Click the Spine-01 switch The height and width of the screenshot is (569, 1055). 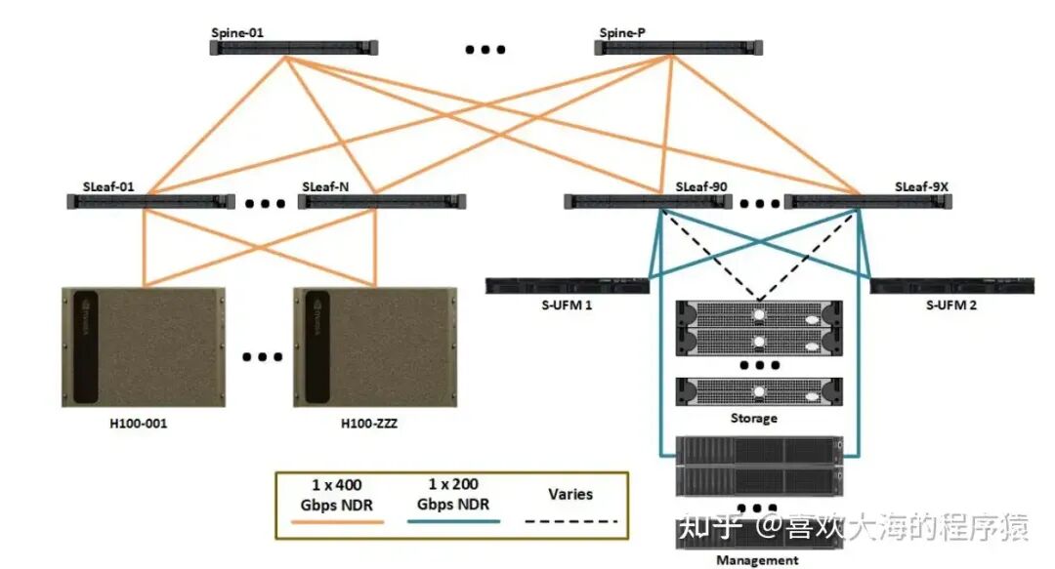pos(294,47)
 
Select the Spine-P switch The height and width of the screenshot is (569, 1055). pos(680,47)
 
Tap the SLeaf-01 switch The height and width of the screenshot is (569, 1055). pos(150,202)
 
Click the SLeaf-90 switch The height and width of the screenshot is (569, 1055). pos(648,202)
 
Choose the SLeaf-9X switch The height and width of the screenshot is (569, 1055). pos(865,202)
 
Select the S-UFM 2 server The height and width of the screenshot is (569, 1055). pos(953,286)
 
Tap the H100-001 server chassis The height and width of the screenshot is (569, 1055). pos(144,346)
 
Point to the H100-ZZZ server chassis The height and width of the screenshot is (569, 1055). pos(375,346)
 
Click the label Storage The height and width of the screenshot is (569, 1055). pos(753,419)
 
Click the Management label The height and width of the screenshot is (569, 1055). pos(757,560)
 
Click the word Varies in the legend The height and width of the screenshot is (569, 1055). pos(570,494)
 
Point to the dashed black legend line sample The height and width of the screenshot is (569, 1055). pos(571,521)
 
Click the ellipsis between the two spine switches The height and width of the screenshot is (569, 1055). pos(485,49)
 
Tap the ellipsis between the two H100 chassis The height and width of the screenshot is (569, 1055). pos(261,356)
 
